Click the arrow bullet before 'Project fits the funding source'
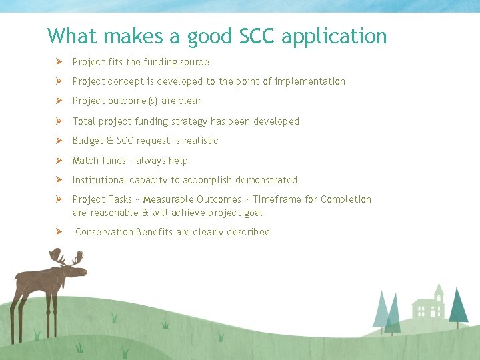pyautogui.click(x=59, y=62)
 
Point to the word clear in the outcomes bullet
pyautogui.click(x=189, y=101)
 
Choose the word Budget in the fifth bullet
pyautogui.click(x=87, y=141)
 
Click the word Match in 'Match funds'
pyautogui.click(x=85, y=161)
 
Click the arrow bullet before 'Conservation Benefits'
pyautogui.click(x=59, y=232)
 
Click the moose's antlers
pyautogui.click(x=66, y=257)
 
